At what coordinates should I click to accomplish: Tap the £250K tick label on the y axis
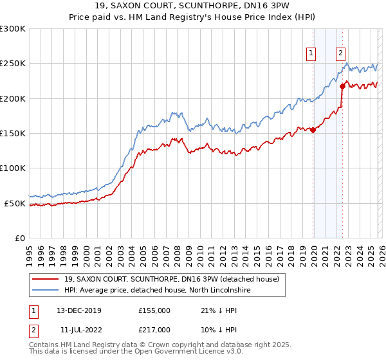13,64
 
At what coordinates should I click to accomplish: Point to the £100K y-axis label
13,168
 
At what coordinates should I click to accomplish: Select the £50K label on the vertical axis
15,203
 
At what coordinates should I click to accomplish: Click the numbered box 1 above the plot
311,54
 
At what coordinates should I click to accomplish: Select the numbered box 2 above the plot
340,54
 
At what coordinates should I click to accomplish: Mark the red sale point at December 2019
313,130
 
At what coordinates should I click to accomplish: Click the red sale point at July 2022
342,87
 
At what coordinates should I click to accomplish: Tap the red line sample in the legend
46,279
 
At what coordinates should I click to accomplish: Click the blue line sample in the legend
46,291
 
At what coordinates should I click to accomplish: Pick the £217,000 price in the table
154,330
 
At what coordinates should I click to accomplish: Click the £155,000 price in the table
154,310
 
